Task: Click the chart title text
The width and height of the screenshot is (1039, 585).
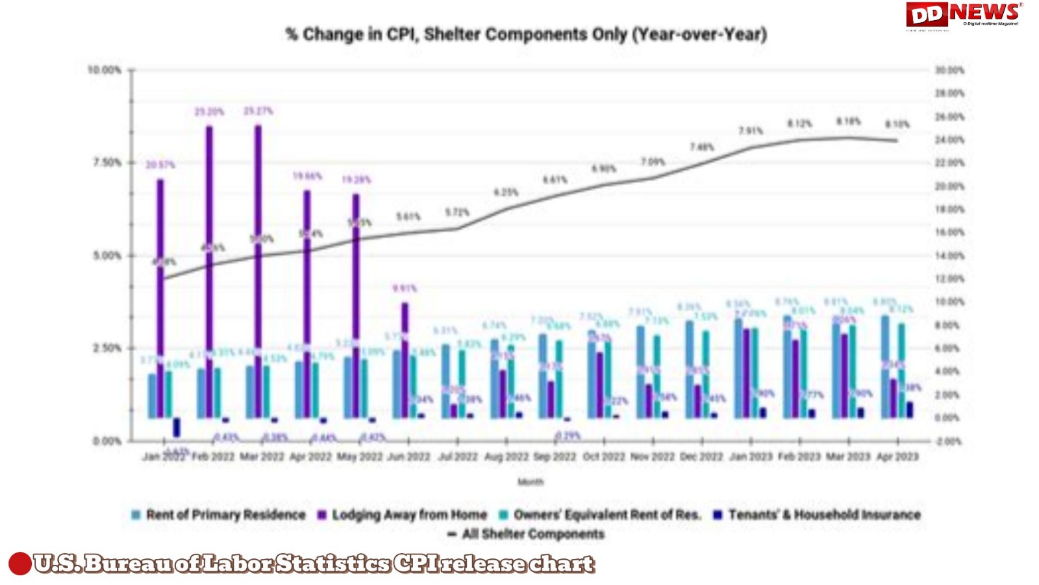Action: [526, 34]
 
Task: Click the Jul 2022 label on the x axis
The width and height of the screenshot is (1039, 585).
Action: [457, 456]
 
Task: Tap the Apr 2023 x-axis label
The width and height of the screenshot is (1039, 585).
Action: [897, 456]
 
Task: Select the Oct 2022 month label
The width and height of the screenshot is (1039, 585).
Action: [604, 456]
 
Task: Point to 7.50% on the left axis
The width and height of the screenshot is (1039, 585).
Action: [107, 162]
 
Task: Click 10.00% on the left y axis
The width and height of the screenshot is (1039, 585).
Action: [105, 70]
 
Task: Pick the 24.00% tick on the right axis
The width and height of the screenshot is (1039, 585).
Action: [949, 140]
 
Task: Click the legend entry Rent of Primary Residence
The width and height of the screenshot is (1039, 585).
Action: [218, 515]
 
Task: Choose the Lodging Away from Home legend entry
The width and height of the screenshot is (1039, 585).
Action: [402, 515]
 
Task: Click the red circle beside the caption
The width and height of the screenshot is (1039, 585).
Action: [19, 564]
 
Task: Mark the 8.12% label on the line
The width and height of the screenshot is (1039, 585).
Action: [799, 123]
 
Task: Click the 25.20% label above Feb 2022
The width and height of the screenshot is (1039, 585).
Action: [209, 112]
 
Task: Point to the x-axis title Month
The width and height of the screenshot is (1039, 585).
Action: [530, 482]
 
